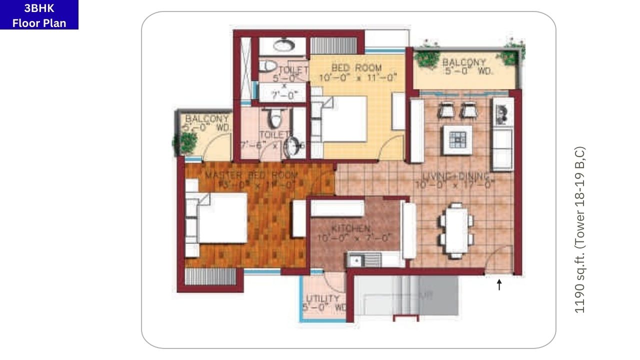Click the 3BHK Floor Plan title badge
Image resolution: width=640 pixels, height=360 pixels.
39,15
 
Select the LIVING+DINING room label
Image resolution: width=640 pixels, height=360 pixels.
454,175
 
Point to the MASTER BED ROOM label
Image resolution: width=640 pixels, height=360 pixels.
251,175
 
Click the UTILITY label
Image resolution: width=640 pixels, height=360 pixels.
322,299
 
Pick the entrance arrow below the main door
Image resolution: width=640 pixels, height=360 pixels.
498,284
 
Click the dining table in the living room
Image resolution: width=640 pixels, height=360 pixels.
456,230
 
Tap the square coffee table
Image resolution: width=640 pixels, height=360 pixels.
457,139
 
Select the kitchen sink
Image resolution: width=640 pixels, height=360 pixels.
356,260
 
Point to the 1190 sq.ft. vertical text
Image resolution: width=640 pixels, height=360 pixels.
579,230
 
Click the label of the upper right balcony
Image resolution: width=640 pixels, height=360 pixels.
464,62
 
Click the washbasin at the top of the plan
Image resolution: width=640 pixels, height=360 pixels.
283,45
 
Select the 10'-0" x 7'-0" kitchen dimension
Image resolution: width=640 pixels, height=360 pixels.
353,238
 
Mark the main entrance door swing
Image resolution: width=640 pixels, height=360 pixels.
500,259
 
